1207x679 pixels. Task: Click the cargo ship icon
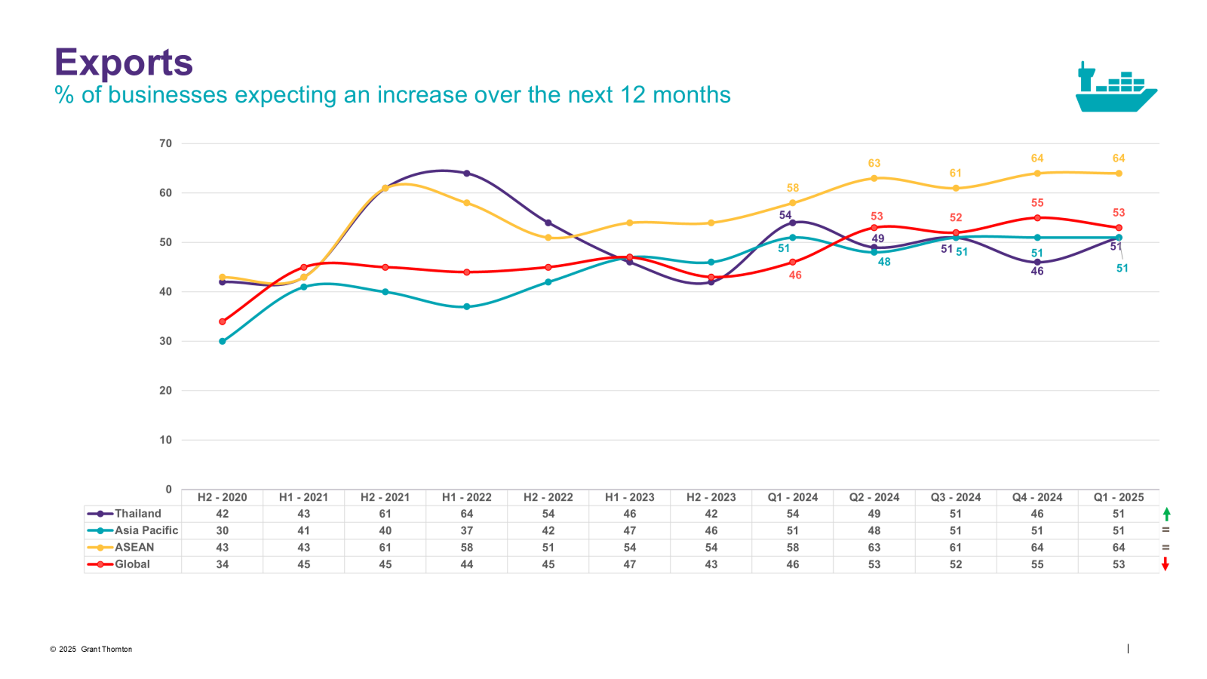(x=1115, y=89)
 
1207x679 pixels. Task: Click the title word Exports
(x=124, y=62)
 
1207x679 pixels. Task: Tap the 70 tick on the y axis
(x=166, y=143)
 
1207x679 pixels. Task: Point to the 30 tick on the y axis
(x=166, y=341)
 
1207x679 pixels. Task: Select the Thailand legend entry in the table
(x=133, y=513)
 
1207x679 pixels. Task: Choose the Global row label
(x=132, y=564)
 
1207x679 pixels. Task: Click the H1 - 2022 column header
(x=467, y=497)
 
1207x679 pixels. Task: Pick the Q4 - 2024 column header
(x=1037, y=497)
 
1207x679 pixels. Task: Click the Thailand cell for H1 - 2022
(x=467, y=513)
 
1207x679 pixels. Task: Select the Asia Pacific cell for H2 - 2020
(x=222, y=530)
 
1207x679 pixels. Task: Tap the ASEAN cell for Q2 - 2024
(x=874, y=547)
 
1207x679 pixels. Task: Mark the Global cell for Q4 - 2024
(x=1037, y=564)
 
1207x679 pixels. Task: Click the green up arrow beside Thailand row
(x=1167, y=514)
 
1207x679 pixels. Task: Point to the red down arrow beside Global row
(x=1165, y=564)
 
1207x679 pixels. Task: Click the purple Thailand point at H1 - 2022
(x=467, y=173)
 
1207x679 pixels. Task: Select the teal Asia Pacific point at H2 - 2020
(x=222, y=341)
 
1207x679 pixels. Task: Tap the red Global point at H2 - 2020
(x=222, y=321)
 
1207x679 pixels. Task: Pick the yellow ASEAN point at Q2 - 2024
(x=874, y=179)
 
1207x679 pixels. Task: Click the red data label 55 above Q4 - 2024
(x=1037, y=203)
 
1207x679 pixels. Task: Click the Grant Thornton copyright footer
(x=92, y=649)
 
